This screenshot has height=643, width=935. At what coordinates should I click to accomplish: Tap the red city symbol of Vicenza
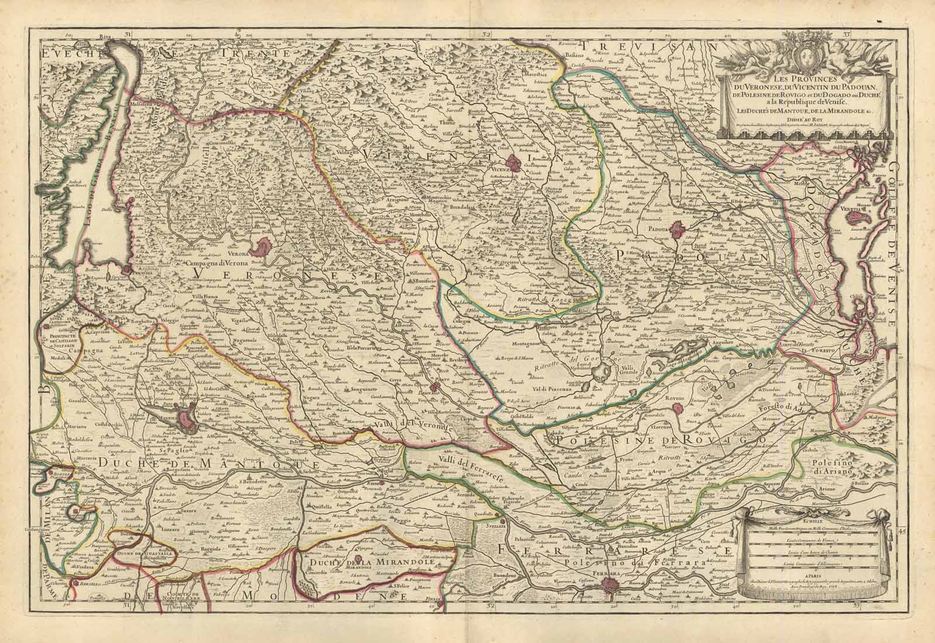517,163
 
